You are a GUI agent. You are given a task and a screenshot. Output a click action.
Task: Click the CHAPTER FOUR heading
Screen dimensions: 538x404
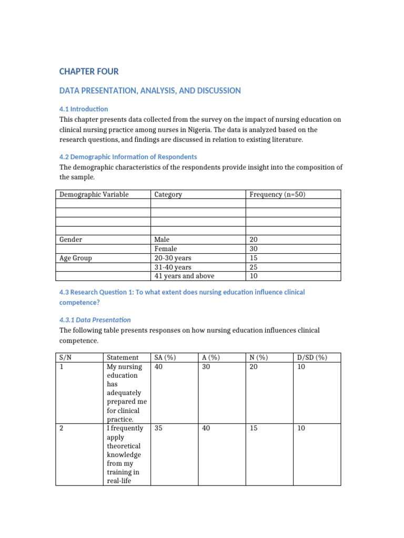(89, 71)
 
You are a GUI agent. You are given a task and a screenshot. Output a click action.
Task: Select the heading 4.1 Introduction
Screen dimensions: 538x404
(84, 109)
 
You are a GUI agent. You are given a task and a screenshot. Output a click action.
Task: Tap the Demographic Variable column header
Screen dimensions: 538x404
(94, 194)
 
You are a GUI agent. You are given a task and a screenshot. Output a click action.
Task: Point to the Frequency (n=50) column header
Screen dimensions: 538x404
(277, 194)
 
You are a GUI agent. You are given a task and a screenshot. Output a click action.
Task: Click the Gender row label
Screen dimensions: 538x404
(70, 239)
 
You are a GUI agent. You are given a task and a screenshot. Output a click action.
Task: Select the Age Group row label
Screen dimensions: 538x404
(75, 258)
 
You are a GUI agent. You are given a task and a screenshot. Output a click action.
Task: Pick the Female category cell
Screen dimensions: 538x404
(166, 249)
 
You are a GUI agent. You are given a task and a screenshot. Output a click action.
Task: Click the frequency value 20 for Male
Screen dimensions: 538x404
(254, 239)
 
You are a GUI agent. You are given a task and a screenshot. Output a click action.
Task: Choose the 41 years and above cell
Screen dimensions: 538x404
(184, 276)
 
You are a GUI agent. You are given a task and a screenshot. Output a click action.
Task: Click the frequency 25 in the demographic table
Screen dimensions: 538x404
(254, 267)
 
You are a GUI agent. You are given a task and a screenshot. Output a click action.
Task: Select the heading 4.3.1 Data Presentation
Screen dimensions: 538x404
(95, 319)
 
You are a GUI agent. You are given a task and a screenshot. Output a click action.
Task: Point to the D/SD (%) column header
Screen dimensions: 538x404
(312, 357)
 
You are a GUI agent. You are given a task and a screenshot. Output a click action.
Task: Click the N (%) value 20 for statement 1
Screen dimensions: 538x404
(254, 367)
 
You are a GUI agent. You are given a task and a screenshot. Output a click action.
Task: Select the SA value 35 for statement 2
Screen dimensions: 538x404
(158, 428)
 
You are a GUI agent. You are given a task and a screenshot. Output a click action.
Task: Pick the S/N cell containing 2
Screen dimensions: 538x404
(62, 428)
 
